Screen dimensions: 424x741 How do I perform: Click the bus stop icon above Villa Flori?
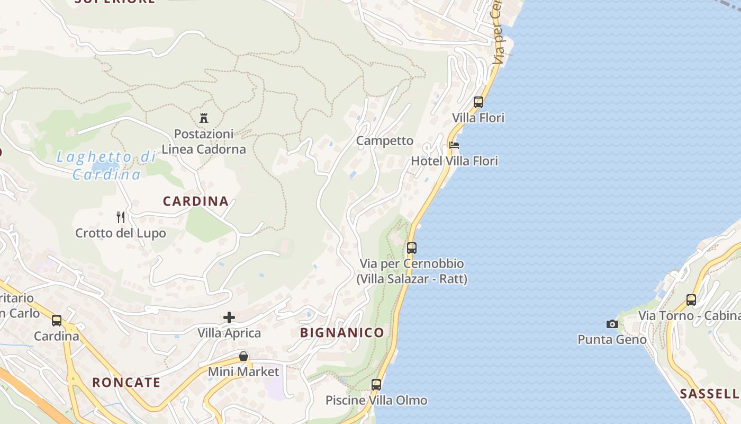pyautogui.click(x=478, y=102)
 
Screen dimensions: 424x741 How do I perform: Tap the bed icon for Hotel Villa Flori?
pyautogui.click(x=454, y=145)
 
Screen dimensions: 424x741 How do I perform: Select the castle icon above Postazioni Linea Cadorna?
pyautogui.click(x=204, y=118)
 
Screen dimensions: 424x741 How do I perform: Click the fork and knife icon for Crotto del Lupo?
pyautogui.click(x=121, y=217)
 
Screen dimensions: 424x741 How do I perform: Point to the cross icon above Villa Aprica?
pyautogui.click(x=229, y=317)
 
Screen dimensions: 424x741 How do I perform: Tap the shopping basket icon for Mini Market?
pyautogui.click(x=243, y=356)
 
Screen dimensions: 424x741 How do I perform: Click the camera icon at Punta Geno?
pyautogui.click(x=612, y=324)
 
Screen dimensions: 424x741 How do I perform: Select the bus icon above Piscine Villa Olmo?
pyautogui.click(x=376, y=385)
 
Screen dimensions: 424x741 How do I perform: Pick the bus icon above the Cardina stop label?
pyautogui.click(x=57, y=321)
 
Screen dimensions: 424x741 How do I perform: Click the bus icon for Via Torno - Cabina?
pyautogui.click(x=691, y=300)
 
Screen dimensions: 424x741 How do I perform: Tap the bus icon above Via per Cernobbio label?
pyautogui.click(x=412, y=248)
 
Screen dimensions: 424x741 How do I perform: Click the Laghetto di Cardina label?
pyautogui.click(x=106, y=165)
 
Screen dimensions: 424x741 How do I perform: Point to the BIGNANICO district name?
pyautogui.click(x=342, y=333)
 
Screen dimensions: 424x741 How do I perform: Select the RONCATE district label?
pyautogui.click(x=126, y=383)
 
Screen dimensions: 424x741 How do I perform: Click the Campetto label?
pyautogui.click(x=385, y=140)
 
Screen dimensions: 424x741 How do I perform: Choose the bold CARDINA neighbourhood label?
pyautogui.click(x=196, y=201)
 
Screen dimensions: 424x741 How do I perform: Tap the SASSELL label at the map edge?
pyautogui.click(x=709, y=394)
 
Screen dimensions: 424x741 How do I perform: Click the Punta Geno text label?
pyautogui.click(x=612, y=339)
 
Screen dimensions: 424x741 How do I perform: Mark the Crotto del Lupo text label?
pyautogui.click(x=121, y=233)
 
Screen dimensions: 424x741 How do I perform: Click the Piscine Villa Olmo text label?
pyautogui.click(x=376, y=400)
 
